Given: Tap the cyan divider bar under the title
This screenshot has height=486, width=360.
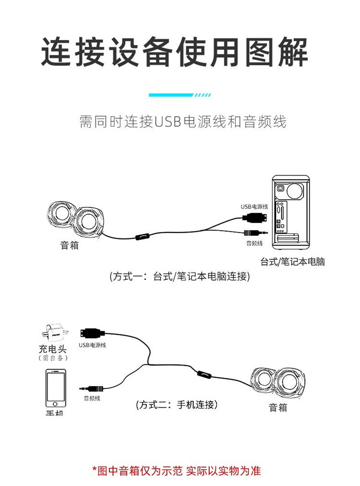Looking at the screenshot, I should (x=180, y=95).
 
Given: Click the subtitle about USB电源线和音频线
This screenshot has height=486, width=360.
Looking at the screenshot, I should (x=182, y=122).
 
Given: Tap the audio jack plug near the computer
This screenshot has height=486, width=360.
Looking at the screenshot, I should (x=252, y=233).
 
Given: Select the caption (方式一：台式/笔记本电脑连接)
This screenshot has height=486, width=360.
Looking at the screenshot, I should (x=180, y=277).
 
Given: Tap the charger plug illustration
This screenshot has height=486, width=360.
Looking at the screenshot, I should (x=54, y=331).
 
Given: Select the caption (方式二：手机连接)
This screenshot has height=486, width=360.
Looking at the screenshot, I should (x=177, y=405).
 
